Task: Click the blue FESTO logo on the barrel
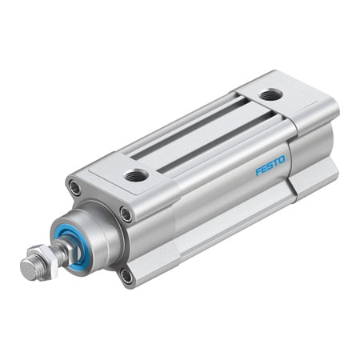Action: click(x=270, y=166)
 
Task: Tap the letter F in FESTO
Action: click(x=258, y=172)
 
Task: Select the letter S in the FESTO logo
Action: click(x=270, y=166)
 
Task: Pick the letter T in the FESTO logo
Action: click(x=275, y=163)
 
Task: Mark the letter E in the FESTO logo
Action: click(x=263, y=170)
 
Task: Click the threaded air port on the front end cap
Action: click(x=136, y=174)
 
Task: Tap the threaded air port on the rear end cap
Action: click(x=270, y=95)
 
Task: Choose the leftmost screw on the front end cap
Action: click(x=74, y=189)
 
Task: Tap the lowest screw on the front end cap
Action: click(x=126, y=276)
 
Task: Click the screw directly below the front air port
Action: click(x=126, y=214)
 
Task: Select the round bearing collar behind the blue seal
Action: click(x=96, y=232)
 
